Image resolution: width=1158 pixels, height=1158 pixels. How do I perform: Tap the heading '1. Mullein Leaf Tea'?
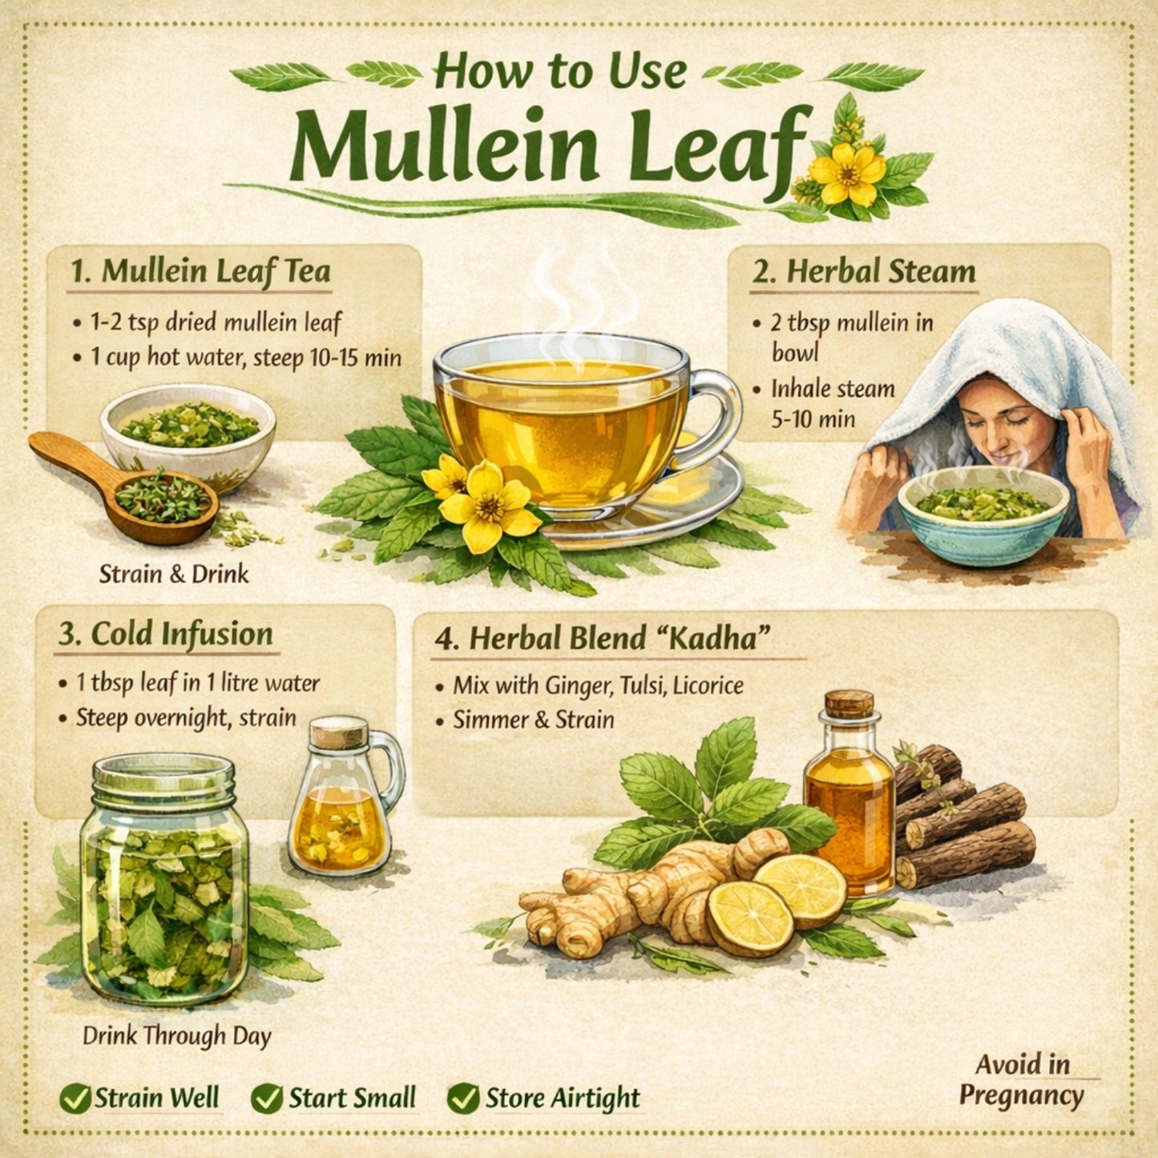click(200, 271)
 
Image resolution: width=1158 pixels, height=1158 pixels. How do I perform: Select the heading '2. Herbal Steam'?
click(864, 271)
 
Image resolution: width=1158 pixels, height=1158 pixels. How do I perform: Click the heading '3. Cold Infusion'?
click(166, 634)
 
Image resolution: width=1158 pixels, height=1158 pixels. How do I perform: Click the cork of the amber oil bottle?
click(849, 704)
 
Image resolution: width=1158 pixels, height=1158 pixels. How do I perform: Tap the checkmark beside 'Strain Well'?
click(75, 1099)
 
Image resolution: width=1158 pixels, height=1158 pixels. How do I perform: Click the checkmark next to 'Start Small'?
click(266, 1099)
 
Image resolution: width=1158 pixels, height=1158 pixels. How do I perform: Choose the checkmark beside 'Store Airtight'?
click(462, 1099)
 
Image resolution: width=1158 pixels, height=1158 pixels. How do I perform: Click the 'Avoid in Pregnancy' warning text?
click(1022, 1080)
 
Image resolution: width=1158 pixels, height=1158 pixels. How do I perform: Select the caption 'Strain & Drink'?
click(174, 574)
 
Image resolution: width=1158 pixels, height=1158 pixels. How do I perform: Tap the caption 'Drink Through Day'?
click(177, 1035)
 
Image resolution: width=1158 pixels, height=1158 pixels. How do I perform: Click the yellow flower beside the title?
click(848, 171)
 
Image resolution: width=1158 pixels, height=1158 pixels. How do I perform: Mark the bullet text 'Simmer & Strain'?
click(534, 720)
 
